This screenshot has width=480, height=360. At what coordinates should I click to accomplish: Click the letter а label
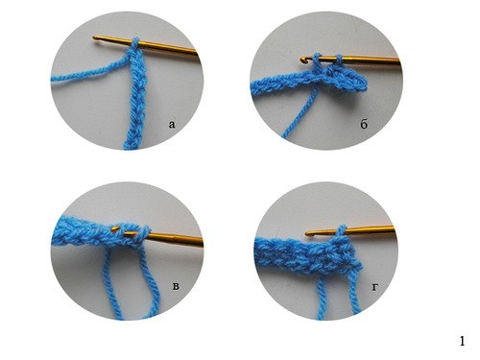(172, 124)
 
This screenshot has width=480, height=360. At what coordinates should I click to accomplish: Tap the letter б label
(364, 124)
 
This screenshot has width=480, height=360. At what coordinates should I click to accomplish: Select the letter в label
(176, 286)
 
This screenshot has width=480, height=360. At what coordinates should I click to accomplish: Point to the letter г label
(375, 288)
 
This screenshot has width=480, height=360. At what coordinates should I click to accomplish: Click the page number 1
(462, 341)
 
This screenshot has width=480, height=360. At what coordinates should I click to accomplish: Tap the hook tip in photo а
(95, 38)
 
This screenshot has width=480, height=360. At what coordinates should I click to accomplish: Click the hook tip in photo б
(302, 60)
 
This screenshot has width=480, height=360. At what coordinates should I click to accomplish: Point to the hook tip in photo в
(114, 228)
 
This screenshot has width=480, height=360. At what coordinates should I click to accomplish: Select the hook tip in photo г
(308, 234)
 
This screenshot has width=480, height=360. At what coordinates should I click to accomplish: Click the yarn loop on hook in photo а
(135, 44)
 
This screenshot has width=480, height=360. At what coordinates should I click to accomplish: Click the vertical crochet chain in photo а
(136, 99)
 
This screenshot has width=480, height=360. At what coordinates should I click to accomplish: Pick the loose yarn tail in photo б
(300, 113)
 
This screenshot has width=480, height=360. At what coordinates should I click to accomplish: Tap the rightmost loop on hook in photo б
(340, 60)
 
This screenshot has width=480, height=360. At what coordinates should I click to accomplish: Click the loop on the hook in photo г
(342, 231)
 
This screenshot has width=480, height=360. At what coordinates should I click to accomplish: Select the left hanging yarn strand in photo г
(321, 297)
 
